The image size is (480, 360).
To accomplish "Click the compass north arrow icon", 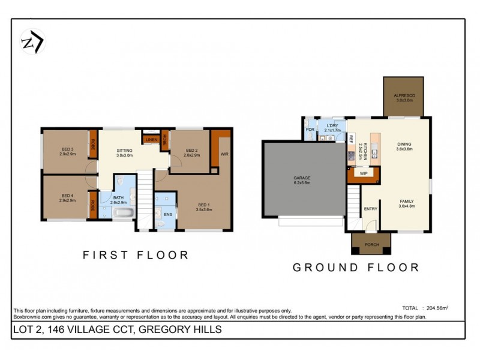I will [32, 42].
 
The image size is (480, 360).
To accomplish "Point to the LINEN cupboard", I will [151, 140].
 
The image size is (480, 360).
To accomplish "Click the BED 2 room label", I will [191, 153].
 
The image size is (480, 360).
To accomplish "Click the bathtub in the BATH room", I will [124, 213].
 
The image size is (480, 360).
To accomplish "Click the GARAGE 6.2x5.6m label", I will [301, 181].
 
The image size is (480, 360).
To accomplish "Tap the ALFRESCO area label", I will [404, 98].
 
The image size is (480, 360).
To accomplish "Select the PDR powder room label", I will [310, 130].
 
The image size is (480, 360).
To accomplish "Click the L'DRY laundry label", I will [332, 128].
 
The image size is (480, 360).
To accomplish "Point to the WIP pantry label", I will [363, 173].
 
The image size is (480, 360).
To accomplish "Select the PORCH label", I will [371, 244].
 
